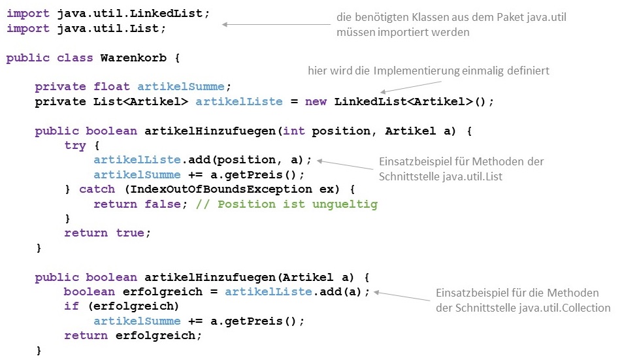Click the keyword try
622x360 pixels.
coord(75,145)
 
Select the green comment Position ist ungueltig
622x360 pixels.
coord(297,204)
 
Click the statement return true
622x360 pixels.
coord(107,233)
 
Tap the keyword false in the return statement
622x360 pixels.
coord(159,204)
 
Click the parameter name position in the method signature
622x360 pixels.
coord(341,131)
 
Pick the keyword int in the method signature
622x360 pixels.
coord(293,131)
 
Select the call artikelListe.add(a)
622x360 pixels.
coord(297,291)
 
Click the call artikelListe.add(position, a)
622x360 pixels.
coord(203,159)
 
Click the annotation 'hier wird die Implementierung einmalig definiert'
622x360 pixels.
coord(428,71)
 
